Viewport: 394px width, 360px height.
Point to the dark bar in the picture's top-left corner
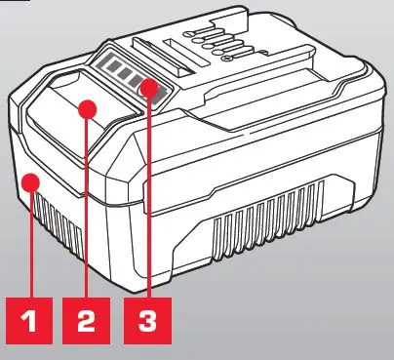14,3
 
